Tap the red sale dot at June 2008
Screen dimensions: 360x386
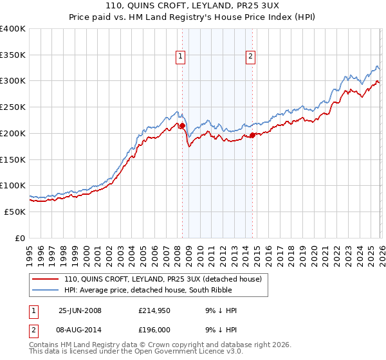[182, 125]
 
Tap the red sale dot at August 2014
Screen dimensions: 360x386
[252, 135]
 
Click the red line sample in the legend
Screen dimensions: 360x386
[46, 280]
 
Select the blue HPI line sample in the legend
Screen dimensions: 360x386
[46, 291]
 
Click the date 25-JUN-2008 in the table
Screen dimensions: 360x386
[80, 310]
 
